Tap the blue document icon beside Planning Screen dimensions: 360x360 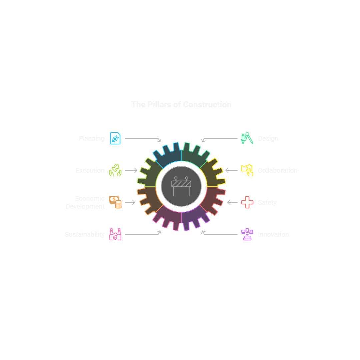(x=115, y=138)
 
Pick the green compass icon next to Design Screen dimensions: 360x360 (x=247, y=138)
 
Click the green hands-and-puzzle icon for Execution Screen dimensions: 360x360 (x=115, y=170)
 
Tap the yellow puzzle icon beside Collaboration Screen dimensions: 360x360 (x=247, y=170)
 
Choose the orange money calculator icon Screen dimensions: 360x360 (x=115, y=202)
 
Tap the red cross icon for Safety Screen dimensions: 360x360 (x=247, y=202)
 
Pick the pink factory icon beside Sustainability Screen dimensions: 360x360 (x=115, y=234)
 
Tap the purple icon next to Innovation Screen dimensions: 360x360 (x=247, y=234)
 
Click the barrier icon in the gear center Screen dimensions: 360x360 (x=181, y=186)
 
